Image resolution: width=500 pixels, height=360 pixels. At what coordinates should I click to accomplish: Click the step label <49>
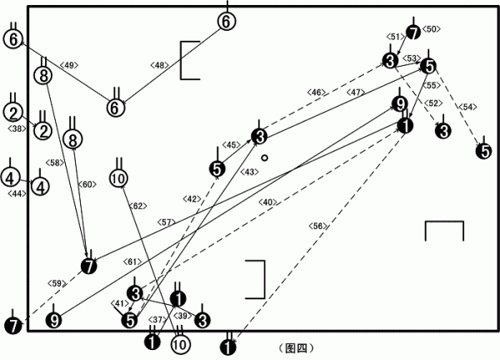pos(69,65)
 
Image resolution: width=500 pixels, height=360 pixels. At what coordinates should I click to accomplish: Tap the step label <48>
pos(159,65)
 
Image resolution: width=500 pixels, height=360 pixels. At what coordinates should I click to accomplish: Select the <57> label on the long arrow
pos(166,222)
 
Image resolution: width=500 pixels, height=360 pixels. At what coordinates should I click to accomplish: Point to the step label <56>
pos(317,226)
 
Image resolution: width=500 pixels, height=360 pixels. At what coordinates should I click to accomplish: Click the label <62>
pos(137,206)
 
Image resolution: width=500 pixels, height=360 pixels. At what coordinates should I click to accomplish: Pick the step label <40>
pos(267,202)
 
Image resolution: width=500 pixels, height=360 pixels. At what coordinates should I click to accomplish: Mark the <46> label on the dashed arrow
pos(317,92)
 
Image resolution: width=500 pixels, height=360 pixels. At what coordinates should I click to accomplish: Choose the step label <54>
pos(467,107)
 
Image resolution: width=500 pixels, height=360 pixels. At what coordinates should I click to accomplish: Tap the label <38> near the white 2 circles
pos(17,128)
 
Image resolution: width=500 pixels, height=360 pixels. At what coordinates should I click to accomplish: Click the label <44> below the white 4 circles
pos(17,192)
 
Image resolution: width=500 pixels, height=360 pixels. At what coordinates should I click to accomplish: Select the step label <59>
pos(57,283)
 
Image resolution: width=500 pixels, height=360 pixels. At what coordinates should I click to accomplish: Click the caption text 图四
pos(296,348)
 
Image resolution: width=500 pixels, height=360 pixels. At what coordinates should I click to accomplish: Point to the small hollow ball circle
pos(264,157)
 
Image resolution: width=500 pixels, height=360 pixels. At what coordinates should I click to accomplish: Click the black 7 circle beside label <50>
pos(413,32)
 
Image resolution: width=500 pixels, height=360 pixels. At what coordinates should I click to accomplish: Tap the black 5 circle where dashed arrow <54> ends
pos(484,152)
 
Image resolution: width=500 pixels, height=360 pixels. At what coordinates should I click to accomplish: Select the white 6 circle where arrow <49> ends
pos(12,39)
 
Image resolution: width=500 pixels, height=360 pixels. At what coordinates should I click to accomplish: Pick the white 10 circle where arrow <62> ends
pos(118,178)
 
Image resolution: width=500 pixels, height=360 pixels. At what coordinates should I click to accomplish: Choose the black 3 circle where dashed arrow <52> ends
pos(443,131)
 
